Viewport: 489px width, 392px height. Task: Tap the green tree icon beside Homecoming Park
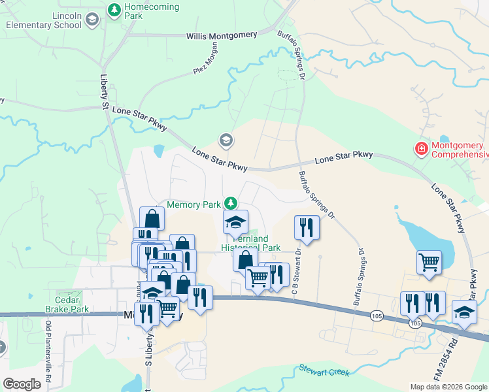[114, 10]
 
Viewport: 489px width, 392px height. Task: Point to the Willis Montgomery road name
[224, 37]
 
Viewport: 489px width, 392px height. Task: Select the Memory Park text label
[194, 204]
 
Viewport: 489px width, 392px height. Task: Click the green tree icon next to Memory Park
[230, 204]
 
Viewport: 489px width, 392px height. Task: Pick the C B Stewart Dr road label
[295, 268]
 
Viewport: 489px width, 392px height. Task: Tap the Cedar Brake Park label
[67, 304]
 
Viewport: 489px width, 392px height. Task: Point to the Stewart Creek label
[324, 370]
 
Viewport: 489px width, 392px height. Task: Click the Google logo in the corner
[22, 384]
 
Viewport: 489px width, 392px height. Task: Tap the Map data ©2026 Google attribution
[448, 387]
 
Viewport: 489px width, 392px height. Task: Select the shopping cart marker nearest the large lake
[429, 262]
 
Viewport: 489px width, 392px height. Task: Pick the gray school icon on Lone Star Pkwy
[226, 140]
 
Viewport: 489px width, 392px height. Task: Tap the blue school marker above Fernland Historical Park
[235, 222]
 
